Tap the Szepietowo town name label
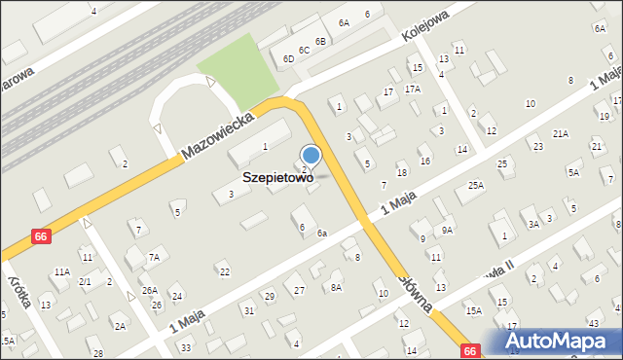pyautogui.click(x=277, y=179)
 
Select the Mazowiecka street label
pyautogui.click(x=218, y=135)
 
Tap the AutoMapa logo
pyautogui.click(x=561, y=341)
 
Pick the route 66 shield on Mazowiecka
pyautogui.click(x=40, y=236)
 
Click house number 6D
pyautogui.click(x=288, y=58)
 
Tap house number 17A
pyautogui.click(x=413, y=89)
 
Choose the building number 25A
pyautogui.click(x=475, y=185)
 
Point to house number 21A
pyautogui.click(x=560, y=133)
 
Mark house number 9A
pyautogui.click(x=447, y=230)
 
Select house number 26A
pyautogui.click(x=149, y=290)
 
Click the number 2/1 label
pyautogui.click(x=85, y=282)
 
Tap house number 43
pyautogui.click(x=593, y=323)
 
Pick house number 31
pyautogui.click(x=249, y=310)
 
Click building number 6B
pyautogui.click(x=320, y=41)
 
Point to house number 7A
pyautogui.click(x=153, y=258)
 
